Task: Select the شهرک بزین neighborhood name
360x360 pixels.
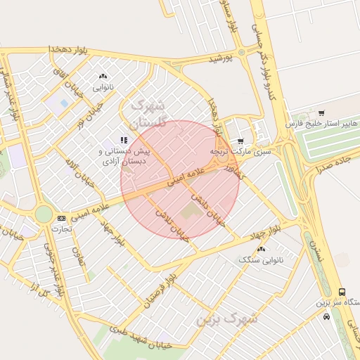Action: click(x=226, y=319)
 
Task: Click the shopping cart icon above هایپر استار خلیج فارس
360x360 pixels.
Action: click(x=321, y=112)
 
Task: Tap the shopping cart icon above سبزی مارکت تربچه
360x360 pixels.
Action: click(x=241, y=141)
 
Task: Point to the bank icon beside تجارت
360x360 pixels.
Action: click(x=61, y=218)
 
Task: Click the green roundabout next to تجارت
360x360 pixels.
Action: click(x=44, y=214)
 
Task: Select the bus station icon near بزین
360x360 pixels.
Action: click(x=342, y=292)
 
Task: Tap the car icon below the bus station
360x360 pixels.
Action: click(x=326, y=316)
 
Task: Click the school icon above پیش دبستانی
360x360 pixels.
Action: click(x=124, y=141)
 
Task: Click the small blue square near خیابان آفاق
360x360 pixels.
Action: click(x=65, y=103)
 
